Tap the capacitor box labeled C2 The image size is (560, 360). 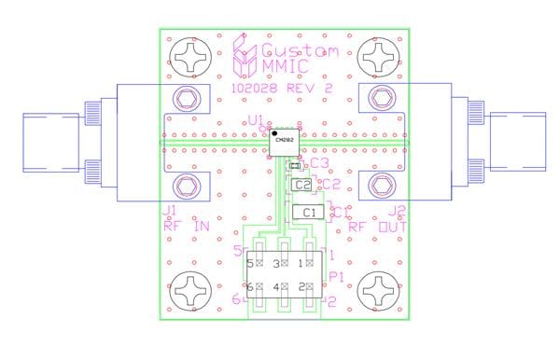(301, 185)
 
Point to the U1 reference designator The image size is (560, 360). (255, 120)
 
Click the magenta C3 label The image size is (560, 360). (320, 163)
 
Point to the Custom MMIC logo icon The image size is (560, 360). (244, 58)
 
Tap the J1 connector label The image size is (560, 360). (169, 211)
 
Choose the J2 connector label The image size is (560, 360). (398, 211)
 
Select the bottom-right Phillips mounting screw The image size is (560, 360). (381, 292)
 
